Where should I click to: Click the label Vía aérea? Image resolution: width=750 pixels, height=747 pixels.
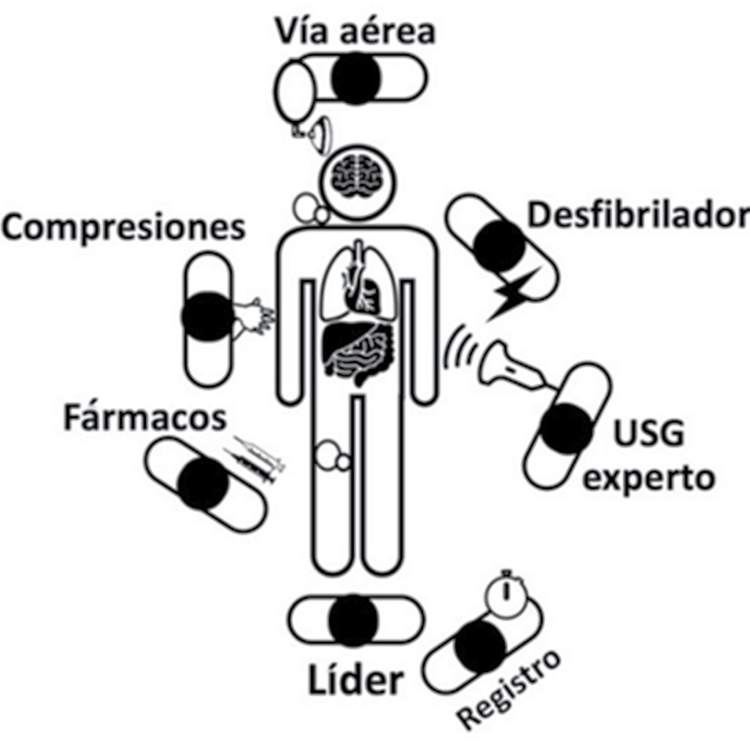355,31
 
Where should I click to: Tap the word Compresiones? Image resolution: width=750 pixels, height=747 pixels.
123,228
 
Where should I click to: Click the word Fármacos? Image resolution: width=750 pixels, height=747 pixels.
144,419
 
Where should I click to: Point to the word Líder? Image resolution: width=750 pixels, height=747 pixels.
355,680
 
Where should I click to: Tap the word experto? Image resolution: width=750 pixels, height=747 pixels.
651,479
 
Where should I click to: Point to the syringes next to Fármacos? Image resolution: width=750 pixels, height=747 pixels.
255,460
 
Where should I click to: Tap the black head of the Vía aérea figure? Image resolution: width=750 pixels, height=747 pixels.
356,77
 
